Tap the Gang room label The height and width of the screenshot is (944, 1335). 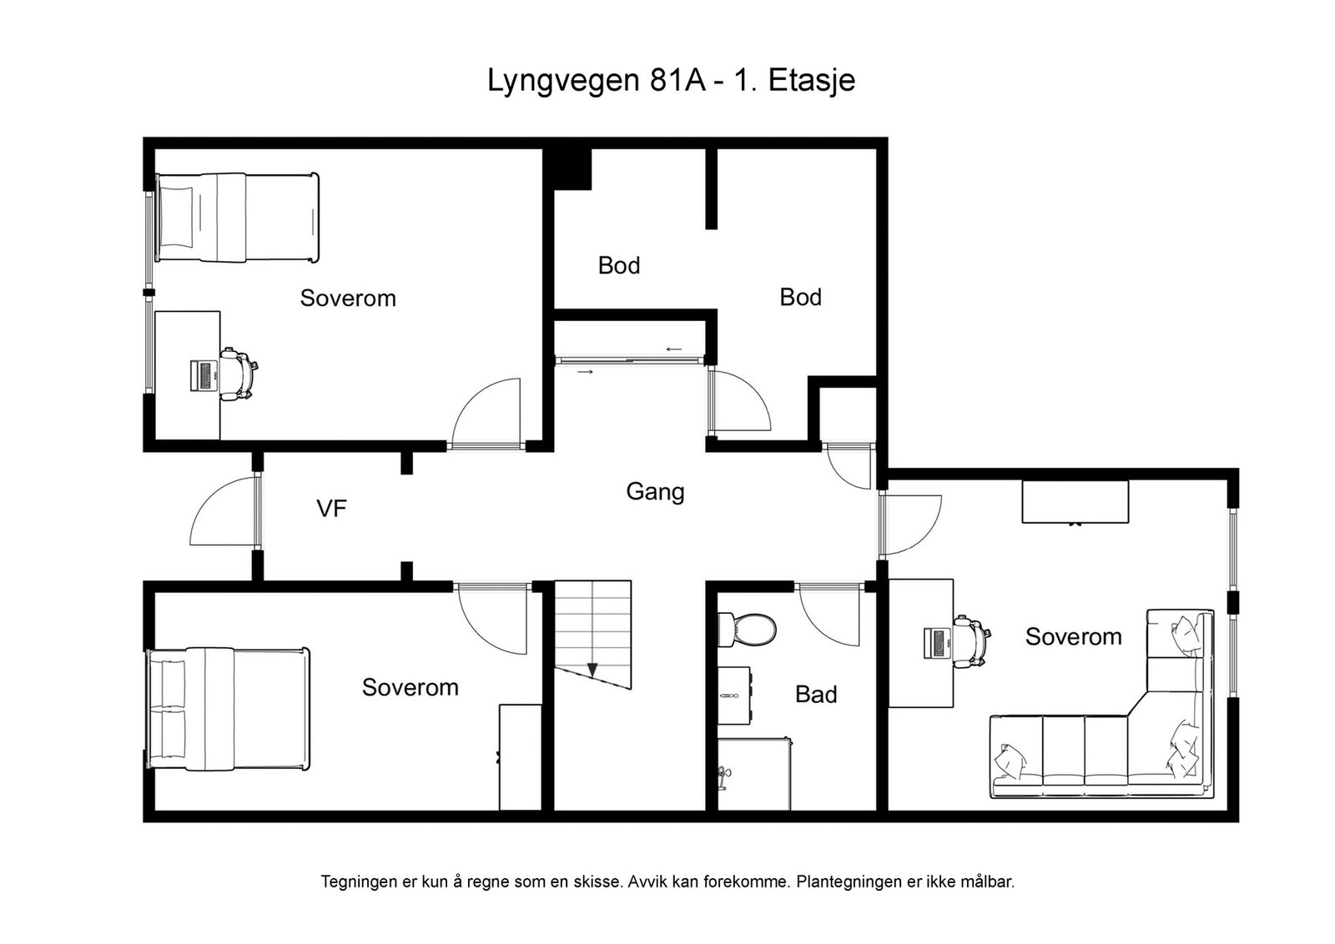(655, 493)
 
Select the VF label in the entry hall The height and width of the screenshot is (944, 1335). (331, 509)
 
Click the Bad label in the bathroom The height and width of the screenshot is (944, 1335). (816, 695)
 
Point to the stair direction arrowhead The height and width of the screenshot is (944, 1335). (592, 670)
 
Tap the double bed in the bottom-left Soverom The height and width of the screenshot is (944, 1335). (229, 710)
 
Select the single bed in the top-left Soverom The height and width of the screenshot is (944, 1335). (237, 218)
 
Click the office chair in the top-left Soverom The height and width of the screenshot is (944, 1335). (239, 374)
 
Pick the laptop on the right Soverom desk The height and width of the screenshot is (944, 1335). (936, 643)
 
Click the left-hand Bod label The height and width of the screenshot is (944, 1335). (619, 266)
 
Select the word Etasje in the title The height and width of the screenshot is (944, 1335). (812, 80)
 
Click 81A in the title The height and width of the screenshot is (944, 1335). (678, 80)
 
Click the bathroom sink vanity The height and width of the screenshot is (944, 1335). (733, 695)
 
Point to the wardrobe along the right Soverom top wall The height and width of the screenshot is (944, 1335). (1076, 502)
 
